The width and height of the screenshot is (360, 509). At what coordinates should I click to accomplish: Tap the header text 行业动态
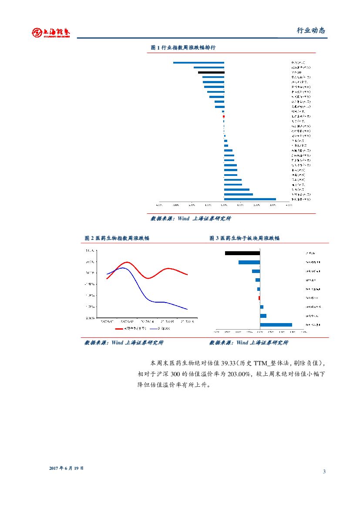(311, 30)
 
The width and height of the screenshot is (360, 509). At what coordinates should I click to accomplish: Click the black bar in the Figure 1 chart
(211, 72)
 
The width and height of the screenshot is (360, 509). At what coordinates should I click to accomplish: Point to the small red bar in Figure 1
(224, 116)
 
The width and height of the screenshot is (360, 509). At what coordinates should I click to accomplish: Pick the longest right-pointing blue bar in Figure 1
(250, 199)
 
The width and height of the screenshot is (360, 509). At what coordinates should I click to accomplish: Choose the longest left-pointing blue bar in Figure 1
(199, 63)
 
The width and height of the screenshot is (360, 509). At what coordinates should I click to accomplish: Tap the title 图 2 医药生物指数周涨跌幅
(117, 238)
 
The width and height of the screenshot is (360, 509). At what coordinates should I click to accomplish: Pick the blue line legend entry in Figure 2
(160, 328)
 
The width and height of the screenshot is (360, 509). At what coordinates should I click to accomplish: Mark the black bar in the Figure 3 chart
(242, 253)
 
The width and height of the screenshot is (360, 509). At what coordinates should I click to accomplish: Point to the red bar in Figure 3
(259, 298)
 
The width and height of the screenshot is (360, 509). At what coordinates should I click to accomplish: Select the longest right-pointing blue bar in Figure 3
(276, 325)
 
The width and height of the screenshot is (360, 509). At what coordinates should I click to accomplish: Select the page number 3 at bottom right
(324, 472)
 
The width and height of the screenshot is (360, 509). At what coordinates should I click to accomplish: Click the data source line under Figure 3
(249, 343)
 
